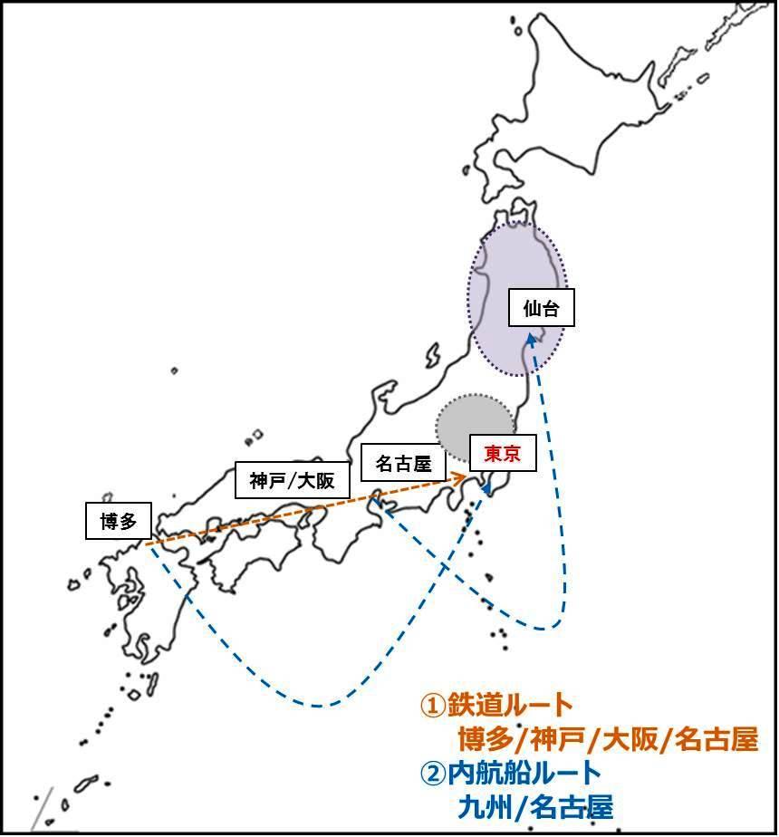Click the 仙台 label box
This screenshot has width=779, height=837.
point(541,309)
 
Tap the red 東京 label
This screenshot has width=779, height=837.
point(503,453)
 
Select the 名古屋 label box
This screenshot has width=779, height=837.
point(403,465)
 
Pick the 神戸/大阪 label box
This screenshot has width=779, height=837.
point(292,480)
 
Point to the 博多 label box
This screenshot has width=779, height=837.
point(117,522)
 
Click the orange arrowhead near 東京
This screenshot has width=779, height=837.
point(461,475)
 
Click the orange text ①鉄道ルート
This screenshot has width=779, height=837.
point(496,705)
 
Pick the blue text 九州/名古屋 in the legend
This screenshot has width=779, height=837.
point(535,805)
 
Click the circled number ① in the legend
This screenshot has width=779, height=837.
point(432,705)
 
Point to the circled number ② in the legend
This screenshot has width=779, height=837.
point(432,773)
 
